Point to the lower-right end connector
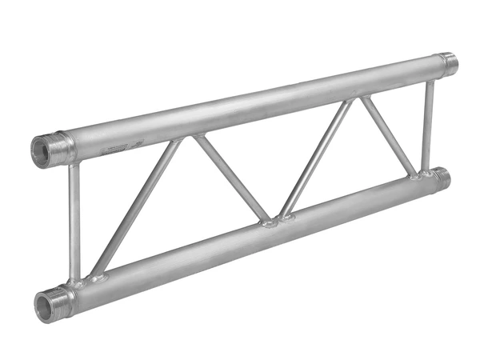(x=442, y=179)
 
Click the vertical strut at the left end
(x=74, y=220)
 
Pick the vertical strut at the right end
(x=429, y=124)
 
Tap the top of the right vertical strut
(x=430, y=81)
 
